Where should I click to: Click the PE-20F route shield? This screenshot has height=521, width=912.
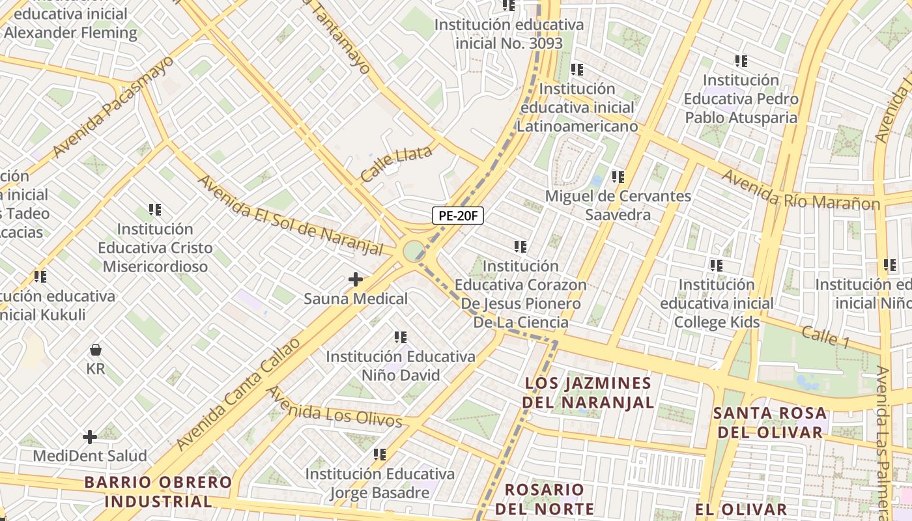click(458, 216)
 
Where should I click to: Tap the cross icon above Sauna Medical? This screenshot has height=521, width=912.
click(356, 279)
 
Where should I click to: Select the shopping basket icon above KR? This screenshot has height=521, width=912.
click(96, 350)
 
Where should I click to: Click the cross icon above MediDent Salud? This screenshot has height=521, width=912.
click(90, 436)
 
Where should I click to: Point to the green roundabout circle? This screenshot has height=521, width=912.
click(413, 251)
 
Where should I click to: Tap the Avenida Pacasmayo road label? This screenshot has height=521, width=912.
click(114, 106)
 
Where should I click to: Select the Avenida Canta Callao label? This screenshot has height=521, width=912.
click(239, 394)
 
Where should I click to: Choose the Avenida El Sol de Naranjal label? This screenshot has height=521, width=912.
click(291, 216)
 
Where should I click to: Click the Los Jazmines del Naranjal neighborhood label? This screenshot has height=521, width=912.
click(587, 393)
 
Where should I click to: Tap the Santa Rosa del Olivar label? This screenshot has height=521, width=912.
click(769, 422)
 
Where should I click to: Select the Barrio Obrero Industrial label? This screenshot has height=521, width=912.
click(158, 492)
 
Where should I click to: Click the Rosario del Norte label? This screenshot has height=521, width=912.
click(545, 499)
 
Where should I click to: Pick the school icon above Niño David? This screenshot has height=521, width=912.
click(401, 337)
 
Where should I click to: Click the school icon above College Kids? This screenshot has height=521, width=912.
click(717, 265)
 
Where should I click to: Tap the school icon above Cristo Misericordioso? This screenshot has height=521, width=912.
click(155, 210)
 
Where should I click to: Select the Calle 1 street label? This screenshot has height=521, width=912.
click(825, 337)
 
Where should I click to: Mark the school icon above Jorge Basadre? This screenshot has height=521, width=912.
click(380, 454)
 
